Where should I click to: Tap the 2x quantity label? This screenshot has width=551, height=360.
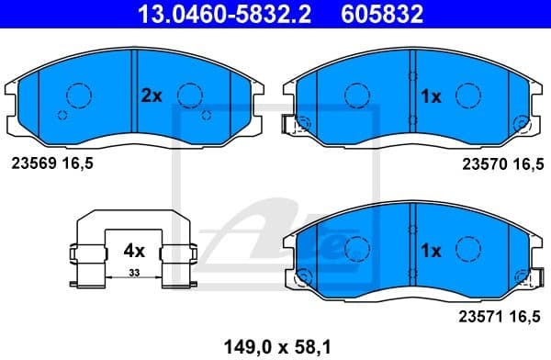pos(151,95)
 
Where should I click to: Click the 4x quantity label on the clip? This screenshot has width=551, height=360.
pos(134,248)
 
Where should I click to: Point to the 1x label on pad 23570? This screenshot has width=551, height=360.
pos(431,95)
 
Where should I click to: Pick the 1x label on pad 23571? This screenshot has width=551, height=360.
pos(431,250)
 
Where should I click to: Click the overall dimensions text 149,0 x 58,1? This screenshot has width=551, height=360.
pos(275,346)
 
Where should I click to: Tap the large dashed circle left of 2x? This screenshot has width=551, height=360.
pos(79,95)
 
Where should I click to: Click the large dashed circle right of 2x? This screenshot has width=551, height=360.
pos(190,95)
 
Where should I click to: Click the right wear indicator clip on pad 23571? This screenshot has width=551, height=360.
pos(523,276)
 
